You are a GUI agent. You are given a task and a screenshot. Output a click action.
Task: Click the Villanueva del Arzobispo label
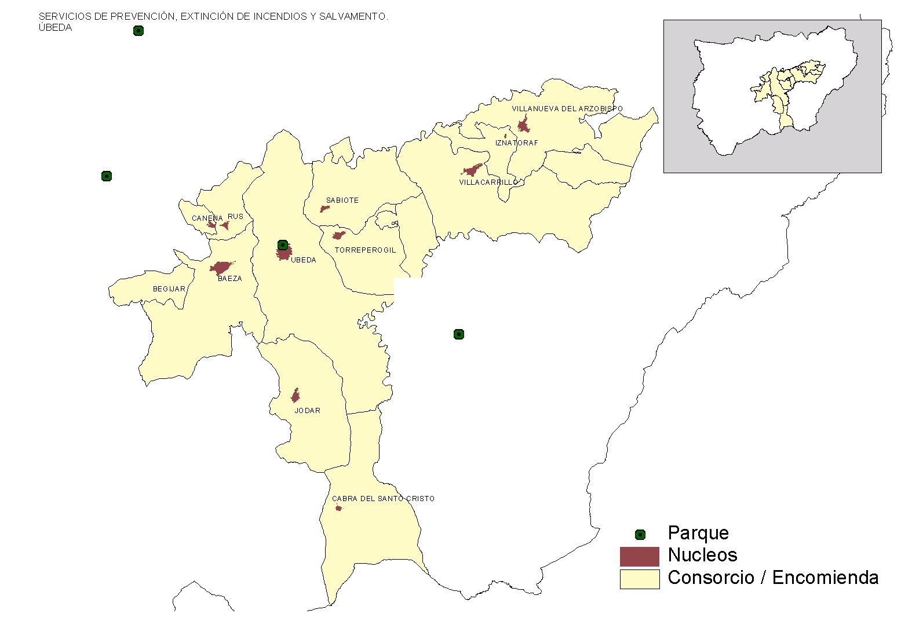click(x=567, y=109)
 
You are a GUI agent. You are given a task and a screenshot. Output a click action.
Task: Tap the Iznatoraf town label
click(x=516, y=143)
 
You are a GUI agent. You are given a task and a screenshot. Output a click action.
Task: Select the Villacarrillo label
click(x=488, y=182)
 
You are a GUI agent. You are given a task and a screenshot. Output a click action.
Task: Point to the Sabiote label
click(x=342, y=200)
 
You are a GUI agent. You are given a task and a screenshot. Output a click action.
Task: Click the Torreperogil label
click(x=365, y=250)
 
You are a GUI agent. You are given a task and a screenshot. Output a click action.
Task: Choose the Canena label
click(x=207, y=218)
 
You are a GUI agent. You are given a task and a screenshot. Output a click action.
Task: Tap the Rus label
click(x=235, y=217)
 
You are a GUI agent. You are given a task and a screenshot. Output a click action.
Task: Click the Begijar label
click(x=169, y=289)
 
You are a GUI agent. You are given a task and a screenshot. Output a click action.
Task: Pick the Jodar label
click(x=307, y=411)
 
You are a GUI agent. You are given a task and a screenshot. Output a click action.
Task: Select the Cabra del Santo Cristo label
click(x=383, y=499)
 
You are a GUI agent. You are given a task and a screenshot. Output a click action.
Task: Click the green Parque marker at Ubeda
click(x=283, y=245)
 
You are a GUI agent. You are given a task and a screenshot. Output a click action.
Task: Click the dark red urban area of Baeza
click(x=221, y=268)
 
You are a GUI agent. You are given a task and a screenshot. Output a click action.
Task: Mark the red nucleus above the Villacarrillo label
click(x=472, y=170)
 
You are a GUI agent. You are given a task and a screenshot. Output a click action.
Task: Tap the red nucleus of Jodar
click(x=296, y=396)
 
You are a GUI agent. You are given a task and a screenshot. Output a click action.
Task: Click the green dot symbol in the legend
click(x=640, y=535)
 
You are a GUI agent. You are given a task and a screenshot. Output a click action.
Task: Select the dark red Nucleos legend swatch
click(x=639, y=556)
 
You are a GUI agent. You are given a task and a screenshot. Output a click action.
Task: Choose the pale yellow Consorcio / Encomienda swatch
click(x=639, y=579)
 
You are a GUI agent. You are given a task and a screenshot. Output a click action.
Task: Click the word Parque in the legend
click(x=698, y=533)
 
